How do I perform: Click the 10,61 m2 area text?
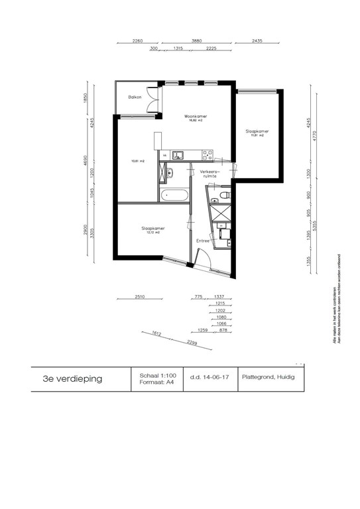(138, 160)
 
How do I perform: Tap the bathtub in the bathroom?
(173, 196)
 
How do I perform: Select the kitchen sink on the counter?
(178, 156)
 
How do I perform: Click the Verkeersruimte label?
(210, 173)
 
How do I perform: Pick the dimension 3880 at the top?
(197, 41)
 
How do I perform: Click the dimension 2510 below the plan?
(140, 298)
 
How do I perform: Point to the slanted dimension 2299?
(192, 343)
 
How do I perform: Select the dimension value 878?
(223, 330)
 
